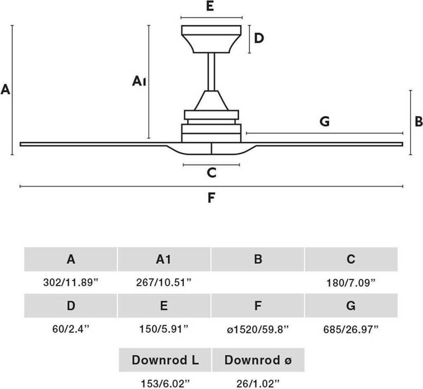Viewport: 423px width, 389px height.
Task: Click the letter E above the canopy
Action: (210, 7)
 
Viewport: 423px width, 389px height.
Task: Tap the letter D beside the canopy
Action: (259, 38)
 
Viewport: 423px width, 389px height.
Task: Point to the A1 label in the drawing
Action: (139, 81)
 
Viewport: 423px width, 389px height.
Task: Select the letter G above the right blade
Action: (325, 122)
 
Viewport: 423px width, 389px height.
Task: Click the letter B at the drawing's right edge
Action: (418, 122)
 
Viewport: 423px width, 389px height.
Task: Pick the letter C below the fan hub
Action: (211, 173)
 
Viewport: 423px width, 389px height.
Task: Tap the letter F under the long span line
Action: (211, 198)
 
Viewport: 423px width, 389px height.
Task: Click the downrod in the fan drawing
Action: (211, 71)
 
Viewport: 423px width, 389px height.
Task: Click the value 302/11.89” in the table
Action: (71, 283)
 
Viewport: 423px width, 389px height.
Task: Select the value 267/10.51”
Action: (164, 283)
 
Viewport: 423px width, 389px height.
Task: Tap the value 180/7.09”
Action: (351, 283)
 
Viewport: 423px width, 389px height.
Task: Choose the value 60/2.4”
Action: (71, 329)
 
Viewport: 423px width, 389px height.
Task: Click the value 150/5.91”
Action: (164, 329)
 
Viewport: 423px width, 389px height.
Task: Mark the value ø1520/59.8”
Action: (258, 329)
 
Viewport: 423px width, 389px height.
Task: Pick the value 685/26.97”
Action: (351, 329)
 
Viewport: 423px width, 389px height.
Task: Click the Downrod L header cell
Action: (165, 360)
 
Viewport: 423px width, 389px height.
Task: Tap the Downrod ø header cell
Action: (258, 360)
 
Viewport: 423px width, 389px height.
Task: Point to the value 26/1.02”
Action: (258, 382)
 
